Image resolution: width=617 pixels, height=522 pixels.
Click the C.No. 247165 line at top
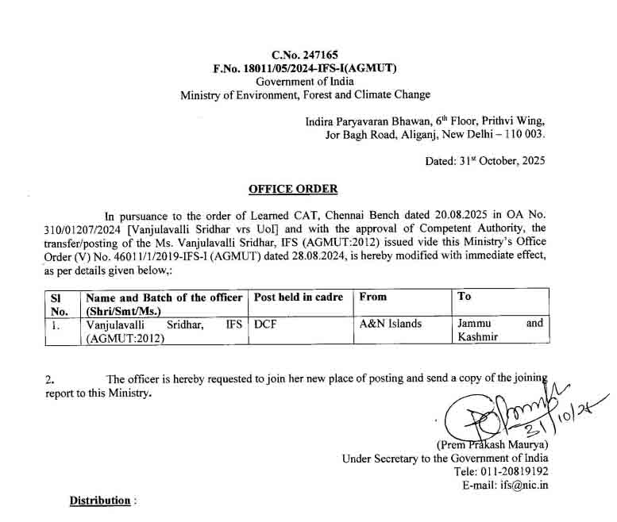click(x=304, y=55)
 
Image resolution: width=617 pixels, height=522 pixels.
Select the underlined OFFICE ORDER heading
click(x=293, y=189)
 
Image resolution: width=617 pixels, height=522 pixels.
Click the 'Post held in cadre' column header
click(x=298, y=297)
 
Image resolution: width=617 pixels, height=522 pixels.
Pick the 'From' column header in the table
click(x=373, y=297)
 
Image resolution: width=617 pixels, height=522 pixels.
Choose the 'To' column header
click(x=465, y=297)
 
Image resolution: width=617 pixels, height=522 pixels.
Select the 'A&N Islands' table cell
click(x=391, y=324)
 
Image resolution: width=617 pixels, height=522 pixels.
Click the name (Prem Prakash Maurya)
click(x=492, y=445)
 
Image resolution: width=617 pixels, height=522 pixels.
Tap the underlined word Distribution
click(x=99, y=501)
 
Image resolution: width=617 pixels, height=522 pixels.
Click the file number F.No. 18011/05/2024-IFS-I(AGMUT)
click(x=304, y=68)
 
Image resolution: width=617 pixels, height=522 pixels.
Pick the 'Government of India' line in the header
click(x=304, y=82)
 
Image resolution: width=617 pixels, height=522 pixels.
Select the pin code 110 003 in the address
click(x=522, y=135)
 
